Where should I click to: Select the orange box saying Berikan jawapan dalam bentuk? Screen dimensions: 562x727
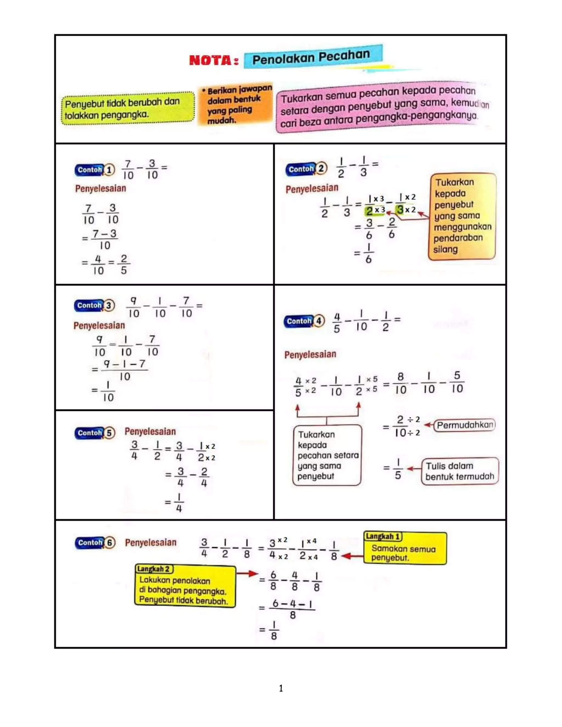pyautogui.click(x=236, y=105)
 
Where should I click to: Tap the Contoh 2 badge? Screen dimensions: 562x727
pyautogui.click(x=306, y=169)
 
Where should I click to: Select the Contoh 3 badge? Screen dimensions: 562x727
pyautogui.click(x=94, y=305)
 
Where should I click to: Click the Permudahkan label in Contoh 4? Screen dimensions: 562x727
pyautogui.click(x=465, y=425)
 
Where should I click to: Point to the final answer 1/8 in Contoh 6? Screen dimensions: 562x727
pyautogui.click(x=273, y=630)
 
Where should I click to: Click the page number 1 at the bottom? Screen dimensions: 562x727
pyautogui.click(x=281, y=688)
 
